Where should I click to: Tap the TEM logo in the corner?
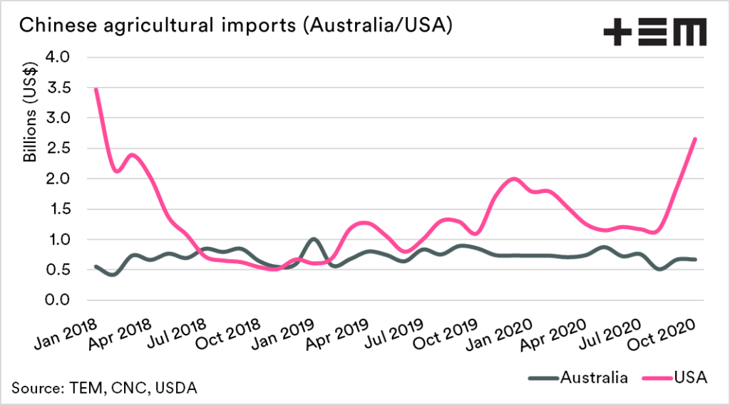point(654,31)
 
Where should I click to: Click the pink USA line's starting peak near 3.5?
point(96,89)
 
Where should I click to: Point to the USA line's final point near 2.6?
point(695,139)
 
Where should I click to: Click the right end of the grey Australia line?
point(695,260)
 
